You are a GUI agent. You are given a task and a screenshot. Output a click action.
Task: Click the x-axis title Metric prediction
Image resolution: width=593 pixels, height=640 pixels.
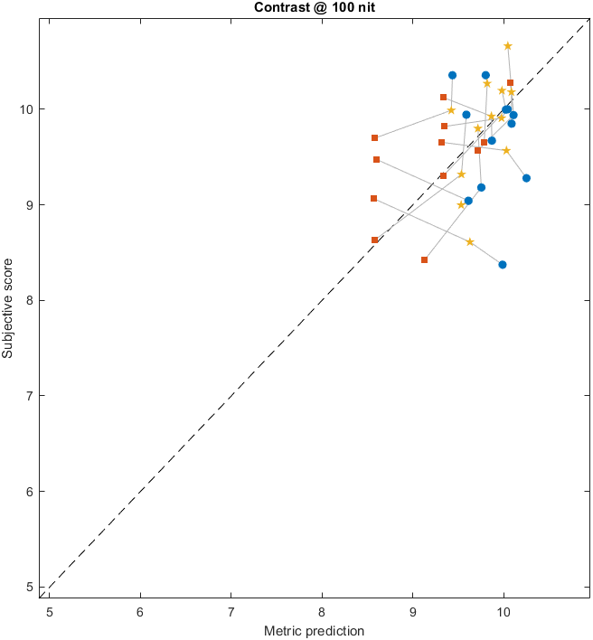(x=314, y=631)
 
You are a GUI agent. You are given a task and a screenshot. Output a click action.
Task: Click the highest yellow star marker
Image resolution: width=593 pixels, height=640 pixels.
(x=508, y=46)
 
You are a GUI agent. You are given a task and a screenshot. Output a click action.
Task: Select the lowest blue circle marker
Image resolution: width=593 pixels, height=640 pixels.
(x=503, y=265)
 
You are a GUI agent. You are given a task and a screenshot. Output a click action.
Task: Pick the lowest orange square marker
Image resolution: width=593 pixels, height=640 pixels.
(x=424, y=259)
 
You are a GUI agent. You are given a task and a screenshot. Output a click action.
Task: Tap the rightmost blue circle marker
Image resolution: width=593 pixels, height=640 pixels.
(x=526, y=178)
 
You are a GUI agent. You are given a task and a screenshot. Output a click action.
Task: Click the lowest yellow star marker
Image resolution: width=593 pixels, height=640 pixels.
(x=470, y=242)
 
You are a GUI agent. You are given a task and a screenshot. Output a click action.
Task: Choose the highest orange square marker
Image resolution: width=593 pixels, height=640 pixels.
(x=510, y=83)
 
